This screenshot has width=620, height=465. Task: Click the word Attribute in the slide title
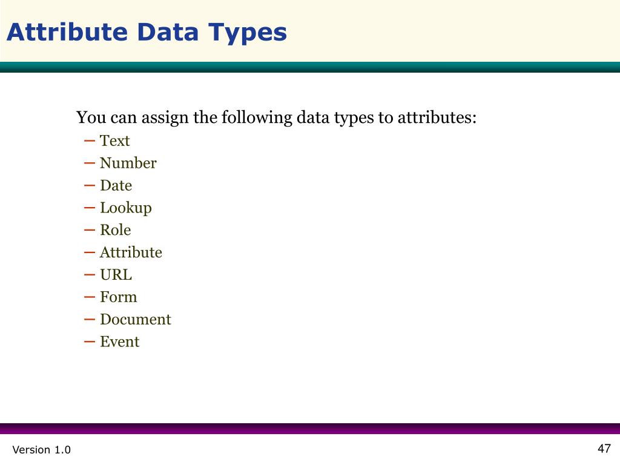click(x=67, y=32)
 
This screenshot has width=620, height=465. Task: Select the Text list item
click(x=114, y=141)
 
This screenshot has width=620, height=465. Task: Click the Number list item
click(x=128, y=163)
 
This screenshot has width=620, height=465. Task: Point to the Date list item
click(x=116, y=186)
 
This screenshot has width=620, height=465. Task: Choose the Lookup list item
click(x=125, y=208)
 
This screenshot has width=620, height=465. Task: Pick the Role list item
click(x=115, y=230)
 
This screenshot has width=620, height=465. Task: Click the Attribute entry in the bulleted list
click(x=131, y=252)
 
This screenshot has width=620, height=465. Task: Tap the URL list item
click(x=116, y=275)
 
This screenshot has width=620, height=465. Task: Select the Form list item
click(x=118, y=297)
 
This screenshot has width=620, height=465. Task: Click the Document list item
click(x=135, y=320)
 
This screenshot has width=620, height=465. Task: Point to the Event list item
click(x=119, y=342)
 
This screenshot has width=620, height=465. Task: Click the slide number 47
click(x=604, y=449)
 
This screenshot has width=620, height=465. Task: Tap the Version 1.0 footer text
click(x=41, y=450)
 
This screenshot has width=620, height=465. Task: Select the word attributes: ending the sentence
click(x=437, y=117)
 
